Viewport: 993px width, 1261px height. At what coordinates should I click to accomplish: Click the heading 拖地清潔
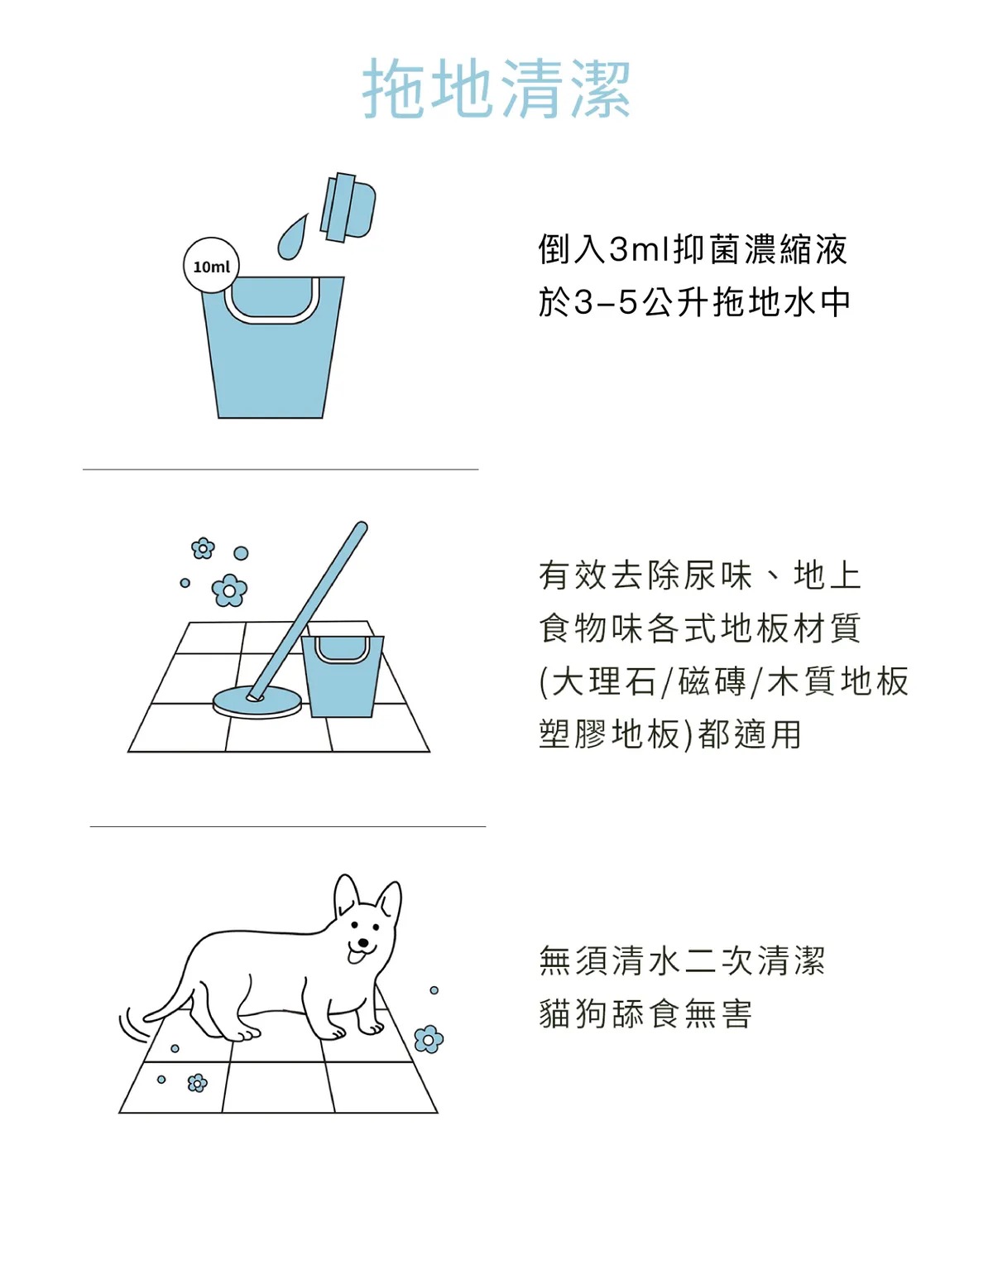496,89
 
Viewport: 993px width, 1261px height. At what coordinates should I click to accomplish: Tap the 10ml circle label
212,266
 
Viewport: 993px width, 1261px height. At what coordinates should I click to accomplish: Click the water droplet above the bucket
292,237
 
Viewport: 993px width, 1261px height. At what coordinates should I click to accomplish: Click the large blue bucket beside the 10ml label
272,347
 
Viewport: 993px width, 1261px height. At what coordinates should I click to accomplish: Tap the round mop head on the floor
257,700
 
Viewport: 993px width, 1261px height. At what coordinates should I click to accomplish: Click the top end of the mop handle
362,528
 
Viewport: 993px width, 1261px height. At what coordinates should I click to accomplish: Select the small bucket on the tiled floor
343,676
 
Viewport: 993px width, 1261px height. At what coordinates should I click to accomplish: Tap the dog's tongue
355,956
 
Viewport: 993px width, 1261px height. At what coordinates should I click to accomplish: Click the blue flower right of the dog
429,1039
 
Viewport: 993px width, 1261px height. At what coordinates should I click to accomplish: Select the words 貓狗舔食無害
645,1014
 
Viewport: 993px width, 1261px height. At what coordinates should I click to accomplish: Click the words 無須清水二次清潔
682,961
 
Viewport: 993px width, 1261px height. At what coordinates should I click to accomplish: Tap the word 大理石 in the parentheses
603,681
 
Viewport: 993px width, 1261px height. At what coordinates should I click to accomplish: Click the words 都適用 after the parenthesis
749,734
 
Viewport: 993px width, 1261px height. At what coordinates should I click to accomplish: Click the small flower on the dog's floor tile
198,1083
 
